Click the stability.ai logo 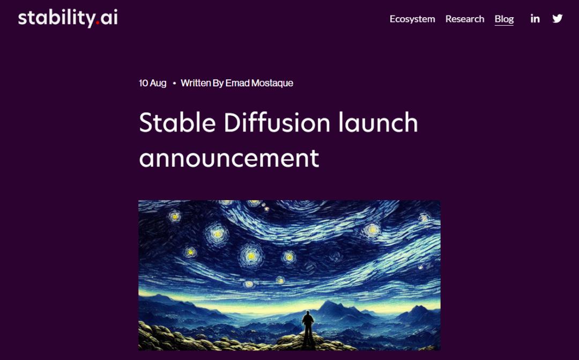[x=68, y=18]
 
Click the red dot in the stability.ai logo [x=98, y=23]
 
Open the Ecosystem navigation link [x=412, y=19]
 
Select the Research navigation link [x=464, y=19]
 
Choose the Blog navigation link [x=504, y=19]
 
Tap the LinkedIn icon [x=535, y=18]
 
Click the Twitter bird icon [x=558, y=18]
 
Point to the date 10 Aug [x=152, y=83]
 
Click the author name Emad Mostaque [x=259, y=83]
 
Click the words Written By [x=202, y=83]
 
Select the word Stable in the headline [x=177, y=122]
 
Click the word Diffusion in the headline [x=277, y=122]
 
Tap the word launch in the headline [x=378, y=122]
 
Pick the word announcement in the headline [x=229, y=158]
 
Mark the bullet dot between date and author [x=174, y=84]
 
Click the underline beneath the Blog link [x=504, y=25]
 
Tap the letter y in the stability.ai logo [x=90, y=20]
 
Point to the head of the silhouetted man [x=308, y=313]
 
